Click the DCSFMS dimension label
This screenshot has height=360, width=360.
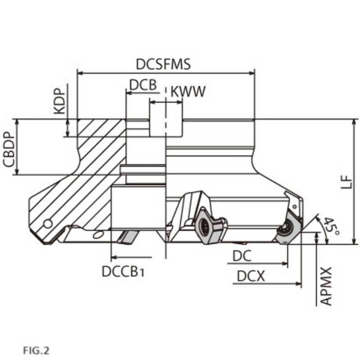click(163, 64)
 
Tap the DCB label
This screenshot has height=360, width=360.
click(143, 85)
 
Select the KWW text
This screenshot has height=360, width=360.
click(188, 92)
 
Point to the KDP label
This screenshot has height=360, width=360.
click(59, 101)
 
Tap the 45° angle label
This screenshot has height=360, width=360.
click(331, 227)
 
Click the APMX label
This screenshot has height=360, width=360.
click(326, 286)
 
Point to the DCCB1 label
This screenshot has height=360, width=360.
click(123, 272)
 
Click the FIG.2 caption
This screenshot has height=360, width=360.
click(36, 351)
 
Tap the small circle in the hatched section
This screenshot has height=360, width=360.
click(48, 224)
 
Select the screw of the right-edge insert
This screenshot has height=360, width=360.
click(286, 228)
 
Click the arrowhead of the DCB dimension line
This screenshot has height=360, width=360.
click(129, 93)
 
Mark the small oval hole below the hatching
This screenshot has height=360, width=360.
click(98, 234)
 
